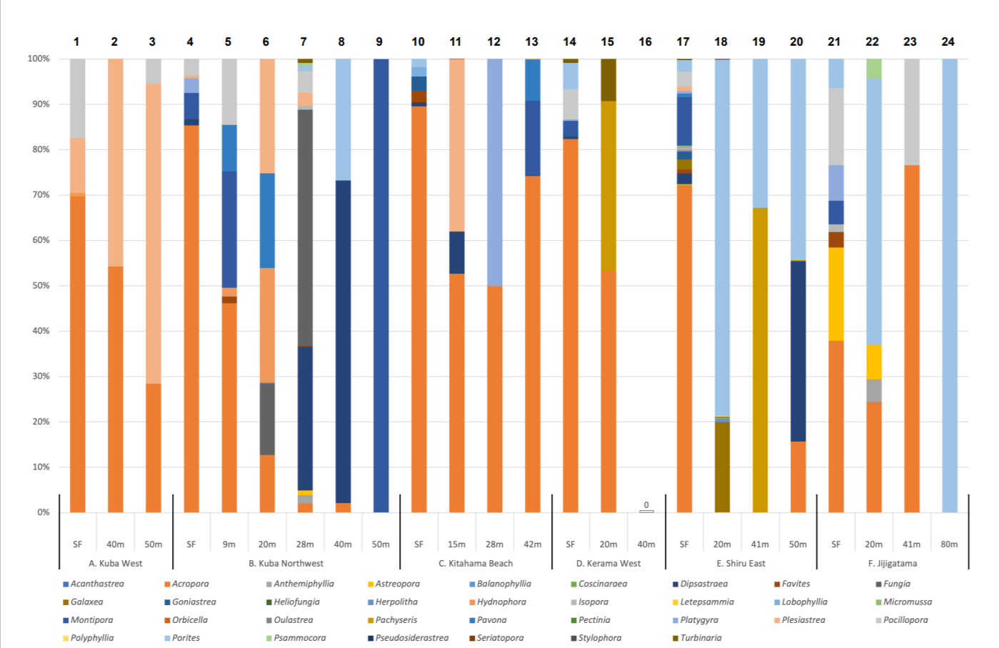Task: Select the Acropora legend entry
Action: pos(189,584)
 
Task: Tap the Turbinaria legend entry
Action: pos(700,638)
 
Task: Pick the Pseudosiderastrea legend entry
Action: pos(411,638)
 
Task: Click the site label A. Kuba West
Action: pos(115,563)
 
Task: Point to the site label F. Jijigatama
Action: pos(893,563)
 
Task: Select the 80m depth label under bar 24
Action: pos(948,544)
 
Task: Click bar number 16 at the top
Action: pos(645,42)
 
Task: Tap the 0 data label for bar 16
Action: pos(646,505)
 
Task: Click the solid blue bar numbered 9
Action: pos(381,286)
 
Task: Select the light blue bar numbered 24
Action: pos(949,286)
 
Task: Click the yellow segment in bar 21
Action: pos(835,294)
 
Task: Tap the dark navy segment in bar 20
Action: pos(798,351)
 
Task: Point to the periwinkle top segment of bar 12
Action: pos(494,172)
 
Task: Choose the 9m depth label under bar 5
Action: pos(229,544)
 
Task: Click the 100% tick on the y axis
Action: pos(39,59)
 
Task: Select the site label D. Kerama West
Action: pos(608,563)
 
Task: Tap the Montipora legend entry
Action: pos(91,620)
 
